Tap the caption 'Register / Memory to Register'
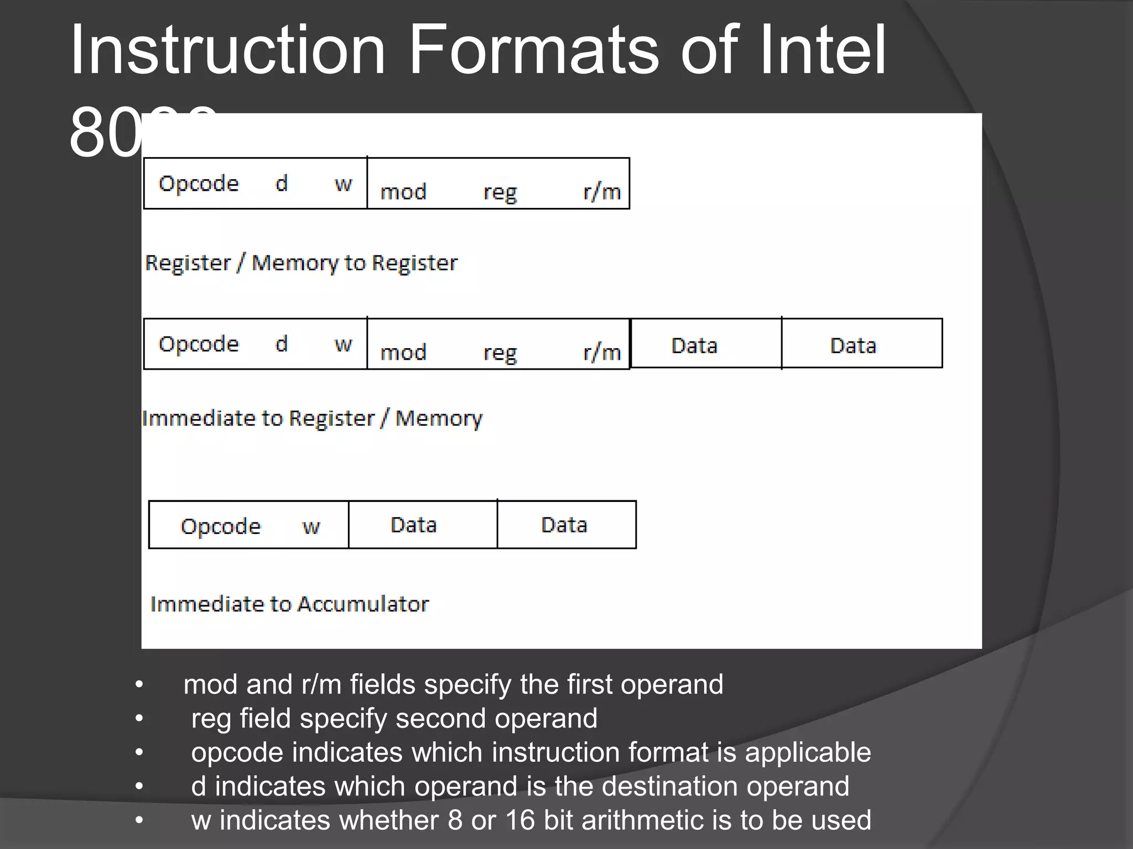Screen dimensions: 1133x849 coord(302,263)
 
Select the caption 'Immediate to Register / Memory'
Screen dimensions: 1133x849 coord(312,418)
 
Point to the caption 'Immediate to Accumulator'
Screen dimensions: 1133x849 coord(289,604)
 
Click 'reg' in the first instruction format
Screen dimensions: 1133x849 coord(500,192)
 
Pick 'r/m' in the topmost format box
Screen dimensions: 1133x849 coord(602,192)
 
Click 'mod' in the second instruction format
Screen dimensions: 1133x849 coord(403,352)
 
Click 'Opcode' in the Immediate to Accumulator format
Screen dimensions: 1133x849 coord(220,526)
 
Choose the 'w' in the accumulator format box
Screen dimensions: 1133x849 coord(311,526)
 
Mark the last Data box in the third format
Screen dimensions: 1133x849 coord(566,525)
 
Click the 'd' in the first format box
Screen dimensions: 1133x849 coord(282,184)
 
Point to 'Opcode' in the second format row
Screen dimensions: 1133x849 coord(199,344)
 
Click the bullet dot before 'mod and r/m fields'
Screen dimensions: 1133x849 coord(139,685)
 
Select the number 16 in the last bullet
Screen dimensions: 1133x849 coord(520,820)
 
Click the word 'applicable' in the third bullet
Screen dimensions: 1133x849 coord(808,752)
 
